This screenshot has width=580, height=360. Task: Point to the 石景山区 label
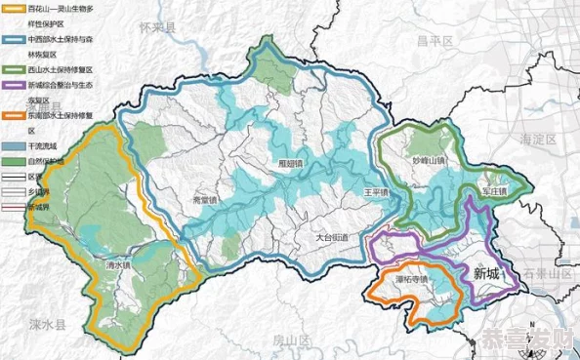[x=547, y=272]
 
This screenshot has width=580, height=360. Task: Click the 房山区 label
[x=290, y=340]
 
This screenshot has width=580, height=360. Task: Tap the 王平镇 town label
[x=375, y=192]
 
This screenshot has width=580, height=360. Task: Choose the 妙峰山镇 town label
[x=428, y=161]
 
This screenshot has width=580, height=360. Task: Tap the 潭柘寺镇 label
[x=412, y=277]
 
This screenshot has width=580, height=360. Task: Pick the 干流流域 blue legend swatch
[x=13, y=144]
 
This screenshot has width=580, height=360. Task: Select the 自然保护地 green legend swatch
[x=13, y=160]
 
